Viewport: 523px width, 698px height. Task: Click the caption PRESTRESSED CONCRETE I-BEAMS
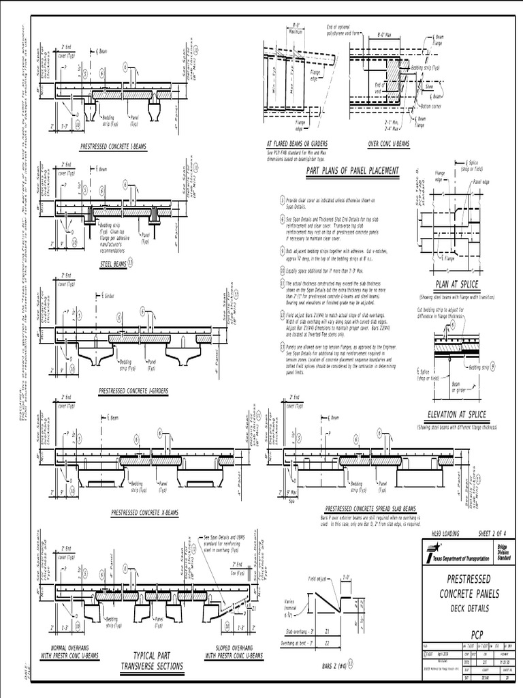pos(113,146)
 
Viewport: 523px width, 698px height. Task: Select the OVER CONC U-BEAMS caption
pos(388,144)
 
